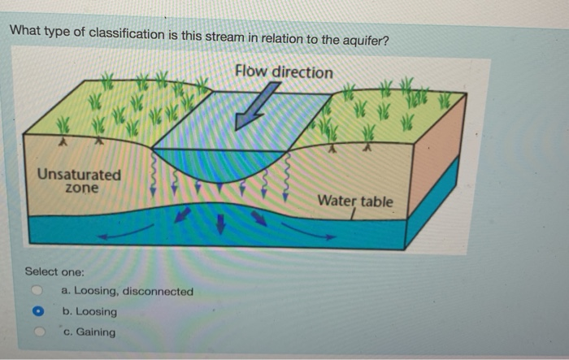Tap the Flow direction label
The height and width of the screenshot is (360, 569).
[284, 72]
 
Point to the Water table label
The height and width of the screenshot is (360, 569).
[354, 201]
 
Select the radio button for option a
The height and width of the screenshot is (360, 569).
[37, 291]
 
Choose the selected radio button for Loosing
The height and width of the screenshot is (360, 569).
[37, 311]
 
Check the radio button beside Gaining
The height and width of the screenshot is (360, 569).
[37, 332]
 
